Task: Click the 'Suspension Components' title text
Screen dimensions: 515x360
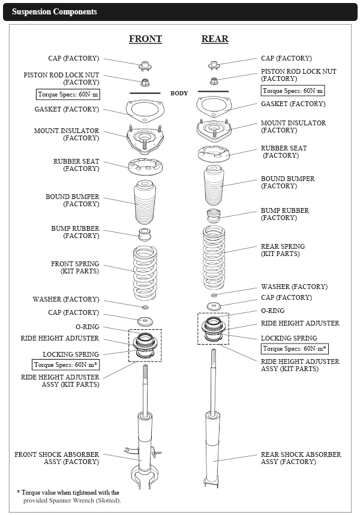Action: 54,12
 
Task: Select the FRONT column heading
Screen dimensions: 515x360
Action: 145,39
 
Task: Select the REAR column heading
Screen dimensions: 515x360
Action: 215,39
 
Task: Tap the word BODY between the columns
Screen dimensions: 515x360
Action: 179,94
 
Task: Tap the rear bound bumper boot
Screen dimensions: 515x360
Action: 214,185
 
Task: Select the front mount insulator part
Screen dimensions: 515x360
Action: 145,140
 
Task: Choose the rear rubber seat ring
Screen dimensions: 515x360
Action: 214,153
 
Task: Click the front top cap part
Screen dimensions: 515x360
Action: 144,65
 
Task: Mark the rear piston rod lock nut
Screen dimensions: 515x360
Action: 214,80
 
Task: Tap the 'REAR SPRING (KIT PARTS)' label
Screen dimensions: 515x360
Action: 283,251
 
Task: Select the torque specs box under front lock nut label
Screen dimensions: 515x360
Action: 67,94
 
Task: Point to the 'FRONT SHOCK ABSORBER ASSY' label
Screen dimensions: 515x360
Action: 57,458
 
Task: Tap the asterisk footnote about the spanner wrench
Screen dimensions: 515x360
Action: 68,496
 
